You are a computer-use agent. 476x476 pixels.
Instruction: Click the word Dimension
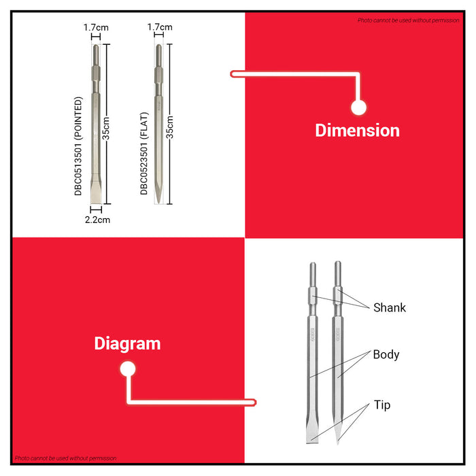coord(357,131)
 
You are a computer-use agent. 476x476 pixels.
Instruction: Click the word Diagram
coord(127,344)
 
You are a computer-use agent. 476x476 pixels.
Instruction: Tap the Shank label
coord(390,307)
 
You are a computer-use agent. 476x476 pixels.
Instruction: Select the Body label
coord(386,354)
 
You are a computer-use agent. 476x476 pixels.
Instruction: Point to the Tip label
coord(382,405)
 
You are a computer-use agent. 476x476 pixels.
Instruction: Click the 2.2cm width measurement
coord(97,220)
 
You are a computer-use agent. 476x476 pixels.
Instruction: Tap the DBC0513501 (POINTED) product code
coord(78,146)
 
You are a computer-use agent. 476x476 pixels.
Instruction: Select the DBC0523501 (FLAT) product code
coord(144,153)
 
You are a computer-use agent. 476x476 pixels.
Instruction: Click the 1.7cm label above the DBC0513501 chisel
coord(96,28)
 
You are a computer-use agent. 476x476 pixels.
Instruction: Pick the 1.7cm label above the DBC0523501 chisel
coord(160,27)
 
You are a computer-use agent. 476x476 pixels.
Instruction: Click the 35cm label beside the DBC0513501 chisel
coord(105,129)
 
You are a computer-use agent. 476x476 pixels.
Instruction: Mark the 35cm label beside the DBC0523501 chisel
coord(170,127)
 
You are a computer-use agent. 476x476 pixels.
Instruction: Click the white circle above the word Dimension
coord(358,107)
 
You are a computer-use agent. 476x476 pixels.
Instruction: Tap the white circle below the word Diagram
coord(128,369)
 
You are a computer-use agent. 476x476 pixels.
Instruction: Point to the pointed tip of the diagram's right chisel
coord(337,443)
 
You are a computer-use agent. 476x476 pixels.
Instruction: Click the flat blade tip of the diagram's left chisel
coord(312,442)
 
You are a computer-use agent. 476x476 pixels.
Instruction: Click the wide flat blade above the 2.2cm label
coord(96,192)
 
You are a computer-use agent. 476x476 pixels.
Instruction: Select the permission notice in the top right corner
coord(408,20)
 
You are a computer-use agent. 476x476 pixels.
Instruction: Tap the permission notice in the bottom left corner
coord(65,458)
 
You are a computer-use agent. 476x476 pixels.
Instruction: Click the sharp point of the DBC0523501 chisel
coord(158,203)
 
